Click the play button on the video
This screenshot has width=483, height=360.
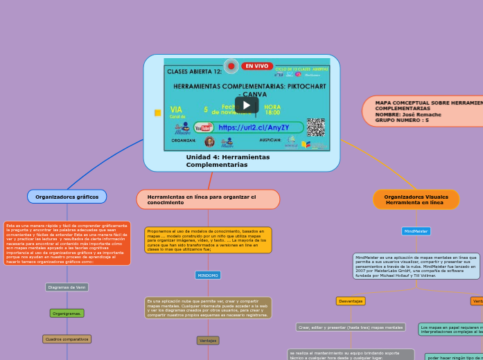click(x=246, y=105)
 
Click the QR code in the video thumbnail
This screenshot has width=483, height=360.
click(x=315, y=127)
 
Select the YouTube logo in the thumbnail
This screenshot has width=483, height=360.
click(x=204, y=127)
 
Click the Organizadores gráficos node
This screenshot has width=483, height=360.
click(x=67, y=197)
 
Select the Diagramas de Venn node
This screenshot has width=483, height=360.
click(x=67, y=287)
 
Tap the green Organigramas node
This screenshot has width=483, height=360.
click(x=67, y=313)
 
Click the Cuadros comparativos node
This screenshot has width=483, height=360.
click(x=67, y=339)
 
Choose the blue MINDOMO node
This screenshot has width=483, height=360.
click(x=208, y=275)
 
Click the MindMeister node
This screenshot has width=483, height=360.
click(x=416, y=231)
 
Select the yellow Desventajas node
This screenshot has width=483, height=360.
click(x=351, y=301)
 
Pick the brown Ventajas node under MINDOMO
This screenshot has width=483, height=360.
click(x=208, y=341)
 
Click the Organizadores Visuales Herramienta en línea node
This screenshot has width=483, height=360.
click(x=416, y=199)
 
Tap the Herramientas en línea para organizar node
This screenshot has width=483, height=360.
click(x=208, y=199)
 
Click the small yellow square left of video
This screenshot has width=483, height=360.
click(x=157, y=112)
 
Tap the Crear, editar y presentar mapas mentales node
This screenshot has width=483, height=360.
click(x=351, y=327)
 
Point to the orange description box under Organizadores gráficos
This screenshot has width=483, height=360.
click(x=67, y=243)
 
